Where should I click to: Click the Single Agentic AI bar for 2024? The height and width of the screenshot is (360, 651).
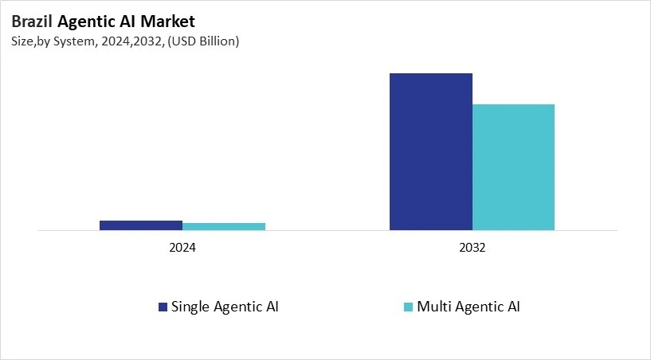coord(141,225)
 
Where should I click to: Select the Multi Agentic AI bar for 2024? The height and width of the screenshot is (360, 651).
coord(224,227)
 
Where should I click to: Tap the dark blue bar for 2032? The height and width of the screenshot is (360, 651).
coord(430,151)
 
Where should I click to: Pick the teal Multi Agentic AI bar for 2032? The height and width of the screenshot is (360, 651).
coord(513,167)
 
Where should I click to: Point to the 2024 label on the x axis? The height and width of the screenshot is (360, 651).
coord(182,248)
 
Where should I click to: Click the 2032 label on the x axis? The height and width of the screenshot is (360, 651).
coord(472,248)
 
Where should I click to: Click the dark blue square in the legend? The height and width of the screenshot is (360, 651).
coord(163,307)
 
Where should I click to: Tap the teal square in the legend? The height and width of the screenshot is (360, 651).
coord(410,307)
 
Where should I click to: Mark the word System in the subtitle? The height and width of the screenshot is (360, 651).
coord(75,41)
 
